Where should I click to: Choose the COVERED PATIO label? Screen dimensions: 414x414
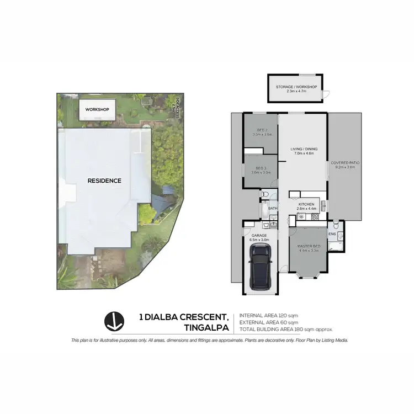coord(345,163)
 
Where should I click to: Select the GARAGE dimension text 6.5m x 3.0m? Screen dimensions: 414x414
coord(259,240)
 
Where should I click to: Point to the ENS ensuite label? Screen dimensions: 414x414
coord(332,233)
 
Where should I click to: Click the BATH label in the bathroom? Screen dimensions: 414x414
coord(273,209)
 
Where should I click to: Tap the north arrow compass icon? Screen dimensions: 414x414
coord(113,322)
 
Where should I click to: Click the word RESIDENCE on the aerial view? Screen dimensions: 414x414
coord(104,181)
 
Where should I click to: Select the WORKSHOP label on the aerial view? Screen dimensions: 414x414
coord(97,109)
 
